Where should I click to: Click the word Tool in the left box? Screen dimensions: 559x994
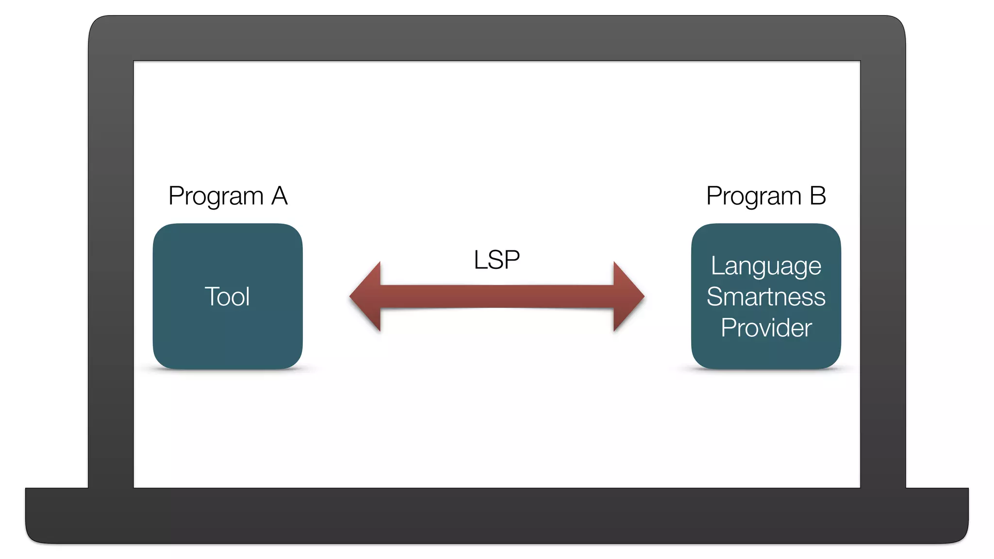click(227, 296)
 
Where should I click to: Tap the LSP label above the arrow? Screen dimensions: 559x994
click(497, 260)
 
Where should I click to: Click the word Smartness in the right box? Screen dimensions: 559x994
click(766, 297)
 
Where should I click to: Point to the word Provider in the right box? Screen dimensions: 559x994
click(766, 328)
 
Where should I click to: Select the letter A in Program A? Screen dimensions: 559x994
click(279, 196)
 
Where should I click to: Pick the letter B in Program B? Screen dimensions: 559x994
click(818, 196)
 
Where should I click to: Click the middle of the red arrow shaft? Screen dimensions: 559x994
click(497, 296)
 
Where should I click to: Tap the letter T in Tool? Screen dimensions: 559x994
click(211, 296)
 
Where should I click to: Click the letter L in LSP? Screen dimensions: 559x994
click(480, 260)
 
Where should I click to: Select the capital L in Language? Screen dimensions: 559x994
click(717, 266)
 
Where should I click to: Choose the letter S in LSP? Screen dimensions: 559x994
click(496, 260)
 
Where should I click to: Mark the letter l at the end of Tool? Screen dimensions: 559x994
click(248, 296)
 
